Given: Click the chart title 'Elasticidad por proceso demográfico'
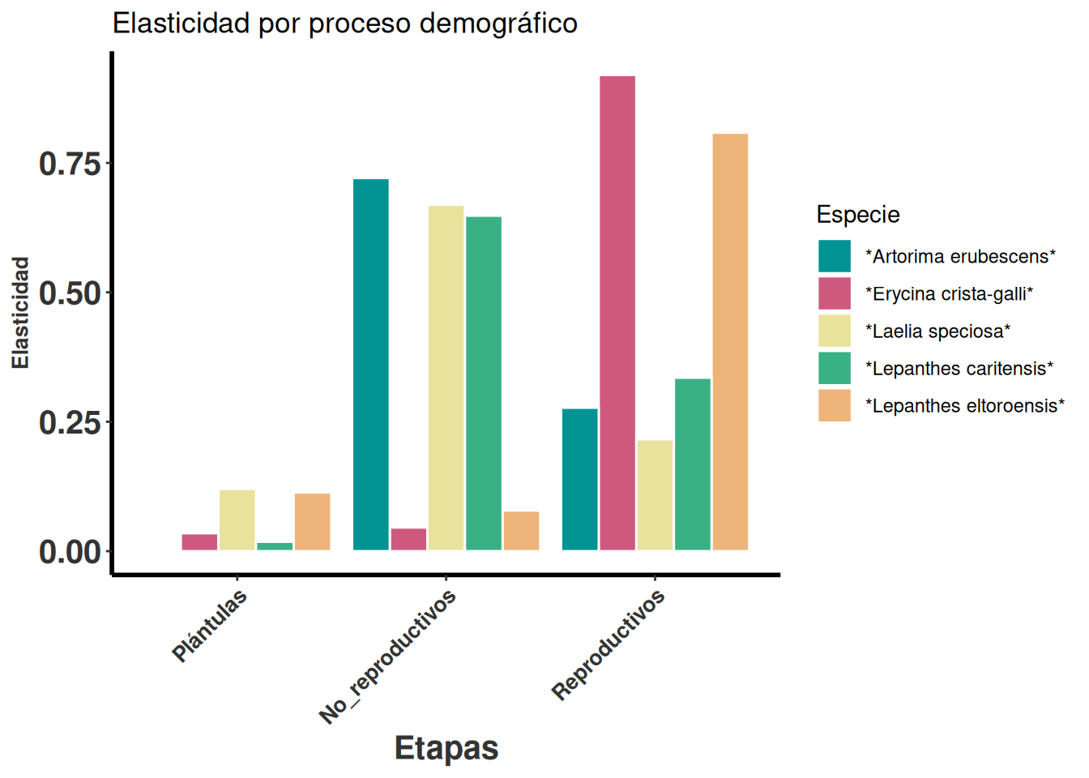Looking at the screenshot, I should pyautogui.click(x=344, y=24).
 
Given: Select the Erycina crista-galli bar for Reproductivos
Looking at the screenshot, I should pyautogui.click(x=617, y=313).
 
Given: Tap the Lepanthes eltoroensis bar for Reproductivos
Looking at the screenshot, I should pyautogui.click(x=730, y=342).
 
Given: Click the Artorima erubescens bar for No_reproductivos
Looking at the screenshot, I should pyautogui.click(x=371, y=365).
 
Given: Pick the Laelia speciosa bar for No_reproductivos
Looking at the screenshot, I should pyautogui.click(x=446, y=378).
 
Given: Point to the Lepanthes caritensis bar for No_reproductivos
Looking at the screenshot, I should pyautogui.click(x=484, y=383).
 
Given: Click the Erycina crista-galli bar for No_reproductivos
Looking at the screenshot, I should pyautogui.click(x=408, y=540).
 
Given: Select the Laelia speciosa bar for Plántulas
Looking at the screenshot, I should pyautogui.click(x=237, y=520).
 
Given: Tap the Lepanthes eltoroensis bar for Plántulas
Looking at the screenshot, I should pyautogui.click(x=313, y=522).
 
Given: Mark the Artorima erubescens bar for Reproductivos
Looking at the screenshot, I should pyautogui.click(x=580, y=480).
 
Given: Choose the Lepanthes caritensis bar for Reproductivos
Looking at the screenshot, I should pyautogui.click(x=693, y=464).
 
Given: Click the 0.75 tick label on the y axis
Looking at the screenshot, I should pyautogui.click(x=70, y=164).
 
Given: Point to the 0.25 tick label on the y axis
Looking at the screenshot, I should pyautogui.click(x=70, y=422).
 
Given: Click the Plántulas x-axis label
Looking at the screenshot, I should pyautogui.click(x=211, y=626).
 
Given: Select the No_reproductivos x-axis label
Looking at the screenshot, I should pyautogui.click(x=389, y=657).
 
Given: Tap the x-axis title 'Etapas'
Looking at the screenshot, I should pyautogui.click(x=446, y=748).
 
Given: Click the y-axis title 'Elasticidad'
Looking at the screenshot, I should pyautogui.click(x=20, y=313).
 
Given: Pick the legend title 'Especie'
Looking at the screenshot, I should pyautogui.click(x=858, y=215).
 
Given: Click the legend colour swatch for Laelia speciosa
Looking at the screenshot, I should pyautogui.click(x=835, y=331).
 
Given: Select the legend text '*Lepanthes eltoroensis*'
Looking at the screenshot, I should pyautogui.click(x=965, y=406).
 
